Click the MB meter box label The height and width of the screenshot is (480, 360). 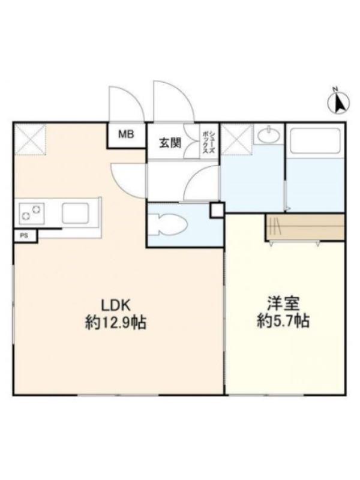click(126, 134)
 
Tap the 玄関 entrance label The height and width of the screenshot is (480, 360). click(170, 143)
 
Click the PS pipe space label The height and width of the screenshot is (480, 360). click(23, 236)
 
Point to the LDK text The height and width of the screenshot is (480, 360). click(116, 305)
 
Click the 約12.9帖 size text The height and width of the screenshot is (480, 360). click(115, 323)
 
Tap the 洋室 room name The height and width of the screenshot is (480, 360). click(283, 304)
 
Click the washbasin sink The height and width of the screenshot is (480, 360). click(268, 135)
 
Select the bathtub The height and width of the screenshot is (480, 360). click(316, 140)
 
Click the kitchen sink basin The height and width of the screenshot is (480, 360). click(76, 213)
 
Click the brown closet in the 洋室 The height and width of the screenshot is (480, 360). click(305, 227)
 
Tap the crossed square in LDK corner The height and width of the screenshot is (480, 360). click(30, 139)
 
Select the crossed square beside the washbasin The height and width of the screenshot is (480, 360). click(237, 139)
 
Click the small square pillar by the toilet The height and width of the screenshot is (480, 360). click(217, 210)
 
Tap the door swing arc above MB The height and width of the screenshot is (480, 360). click(127, 104)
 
